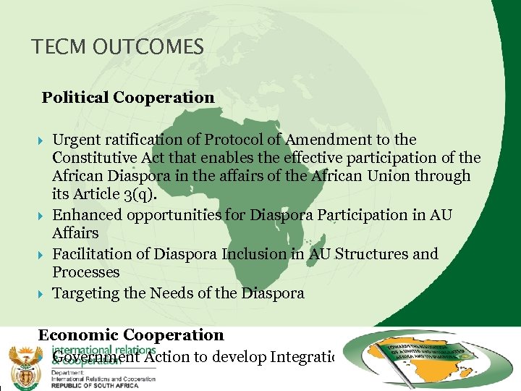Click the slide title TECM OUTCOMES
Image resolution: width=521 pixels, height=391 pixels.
coord(117,48)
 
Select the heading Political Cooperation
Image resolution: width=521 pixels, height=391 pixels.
coord(128,98)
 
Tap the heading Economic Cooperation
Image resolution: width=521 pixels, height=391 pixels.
coord(131,335)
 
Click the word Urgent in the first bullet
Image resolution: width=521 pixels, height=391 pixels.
coord(76,140)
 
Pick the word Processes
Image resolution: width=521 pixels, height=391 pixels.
coord(85,273)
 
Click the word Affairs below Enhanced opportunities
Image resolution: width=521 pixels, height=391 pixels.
coord(75,234)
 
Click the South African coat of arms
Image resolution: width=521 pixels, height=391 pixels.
coord(25,363)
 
